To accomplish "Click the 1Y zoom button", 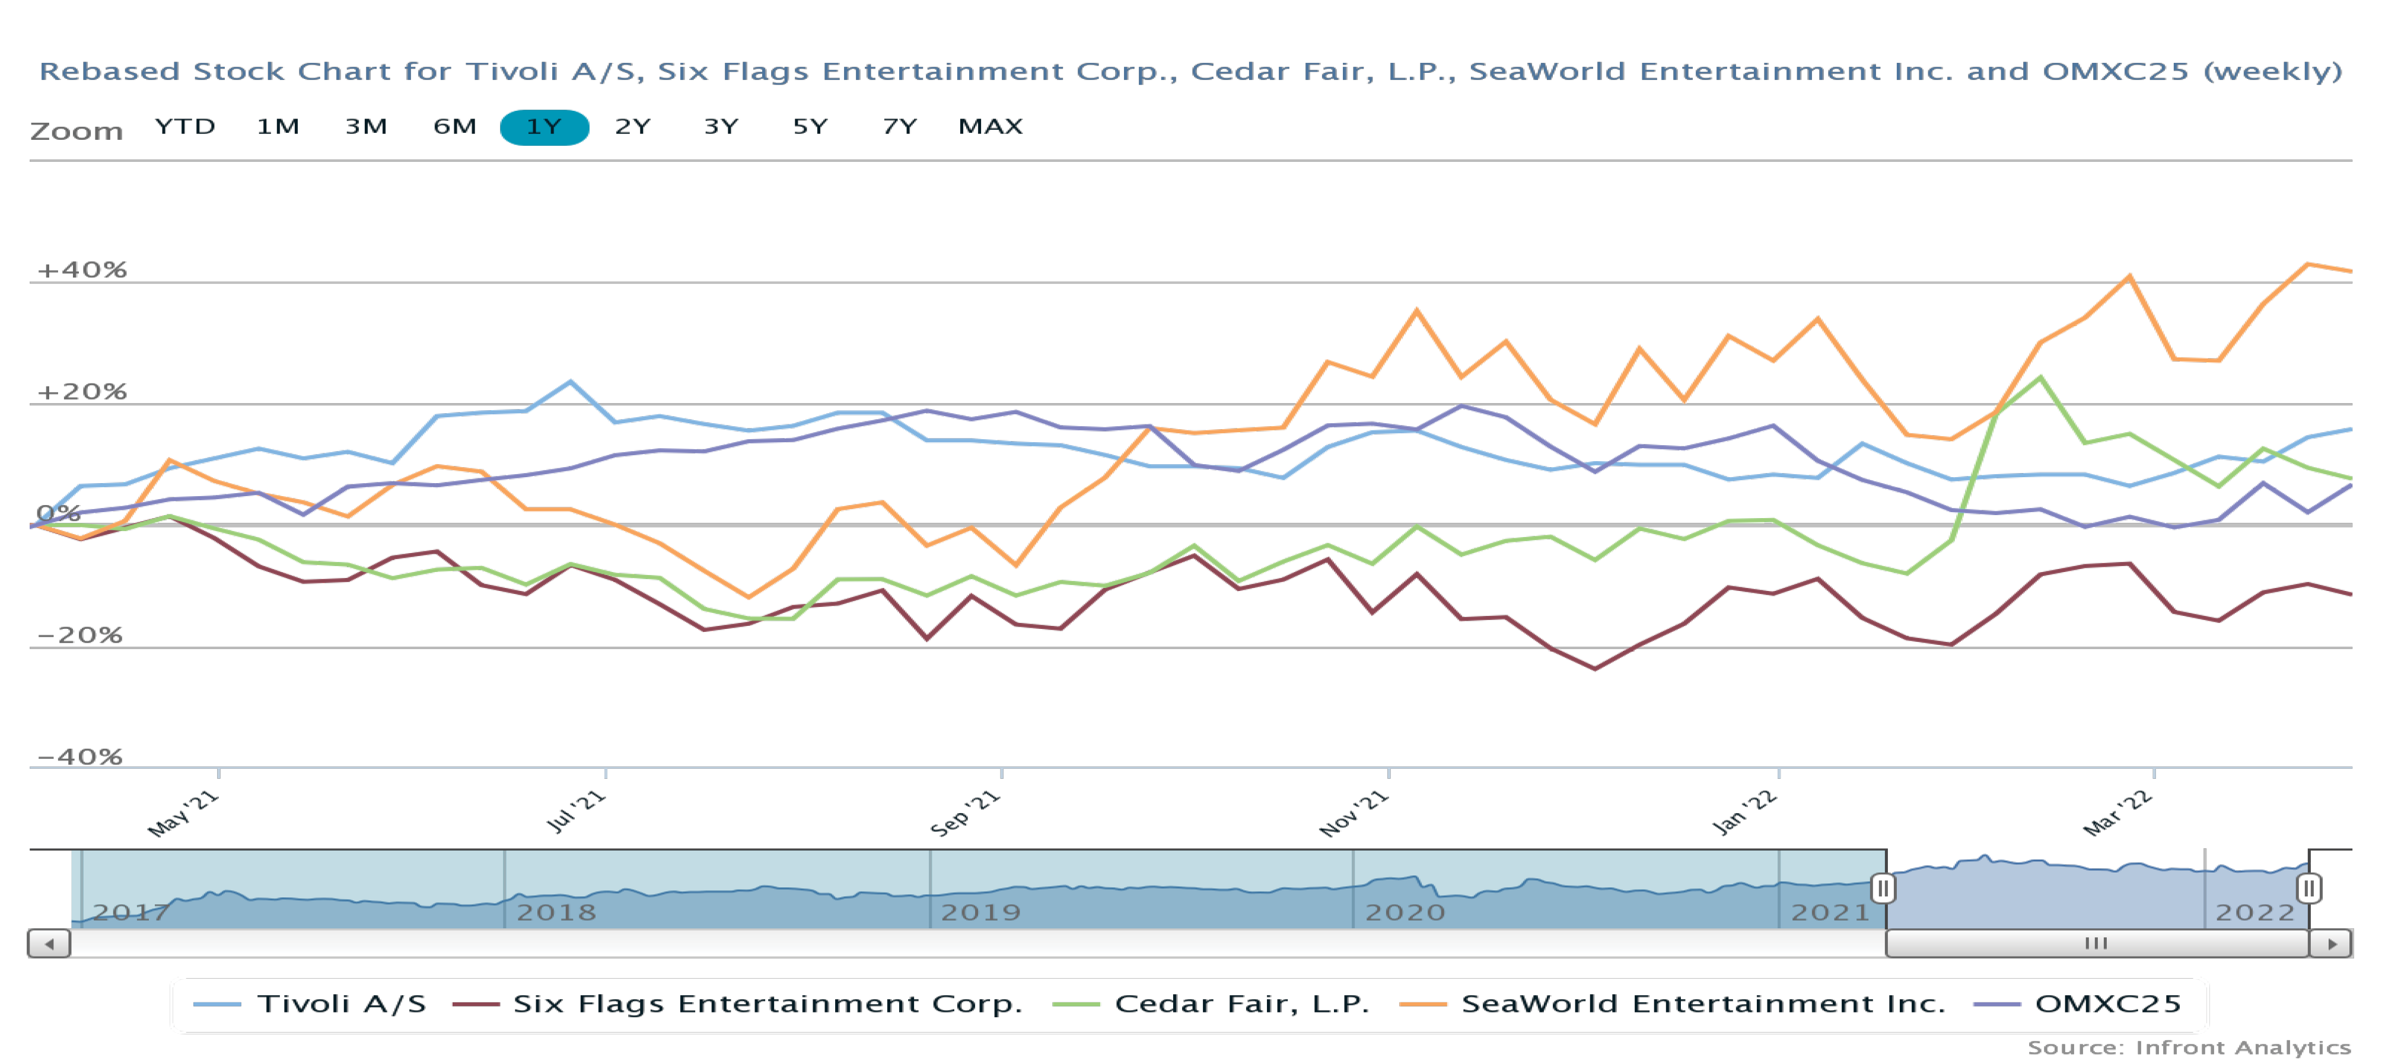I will tap(544, 127).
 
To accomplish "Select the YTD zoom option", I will tap(185, 127).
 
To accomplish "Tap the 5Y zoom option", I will tap(810, 127).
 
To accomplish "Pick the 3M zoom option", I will tap(366, 127).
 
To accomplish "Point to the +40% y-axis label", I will tap(81, 270).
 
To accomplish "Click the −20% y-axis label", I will tap(79, 635).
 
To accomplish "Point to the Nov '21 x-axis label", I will tap(1354, 813).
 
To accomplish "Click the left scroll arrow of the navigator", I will tap(49, 944).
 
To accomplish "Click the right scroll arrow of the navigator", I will tap(2331, 944).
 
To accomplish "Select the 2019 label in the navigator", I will tap(980, 912).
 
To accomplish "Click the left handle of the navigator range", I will tap(1883, 889).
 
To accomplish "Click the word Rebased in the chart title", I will tap(109, 71).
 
